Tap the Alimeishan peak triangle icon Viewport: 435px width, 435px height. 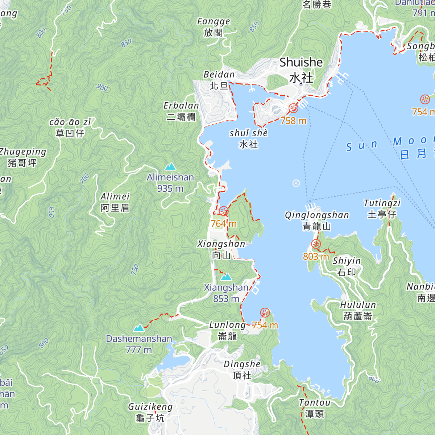(170, 167)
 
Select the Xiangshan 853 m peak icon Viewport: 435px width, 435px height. (226, 277)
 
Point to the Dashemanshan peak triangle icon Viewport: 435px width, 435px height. (139, 328)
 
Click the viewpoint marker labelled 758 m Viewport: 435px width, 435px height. (293, 108)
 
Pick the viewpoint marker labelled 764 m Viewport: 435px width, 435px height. (224, 211)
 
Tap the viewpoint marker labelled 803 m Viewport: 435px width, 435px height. (316, 244)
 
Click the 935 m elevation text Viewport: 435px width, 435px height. (170, 188)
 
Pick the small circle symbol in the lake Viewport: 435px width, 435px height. (296, 183)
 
